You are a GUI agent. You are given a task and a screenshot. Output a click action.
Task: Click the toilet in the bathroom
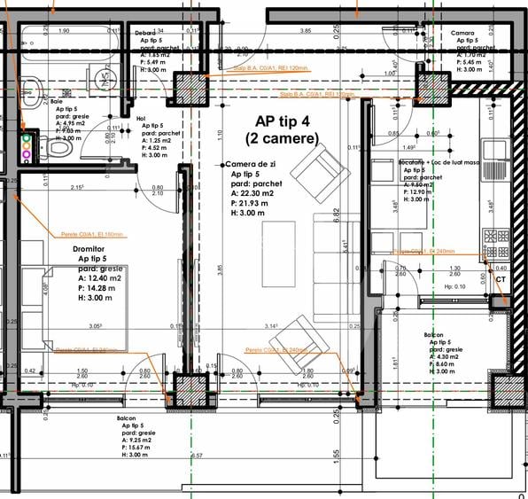coord(58,150)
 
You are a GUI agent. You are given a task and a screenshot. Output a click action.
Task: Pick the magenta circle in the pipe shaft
coord(27,155)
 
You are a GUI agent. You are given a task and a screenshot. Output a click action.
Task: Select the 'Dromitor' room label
coord(94,250)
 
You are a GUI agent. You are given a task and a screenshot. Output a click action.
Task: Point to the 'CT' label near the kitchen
coord(501,280)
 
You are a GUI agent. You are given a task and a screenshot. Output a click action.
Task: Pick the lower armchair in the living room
coord(294,339)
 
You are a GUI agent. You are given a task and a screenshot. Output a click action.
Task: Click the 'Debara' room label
coord(146,33)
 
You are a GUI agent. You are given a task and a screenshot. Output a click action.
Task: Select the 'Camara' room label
coord(462,33)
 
